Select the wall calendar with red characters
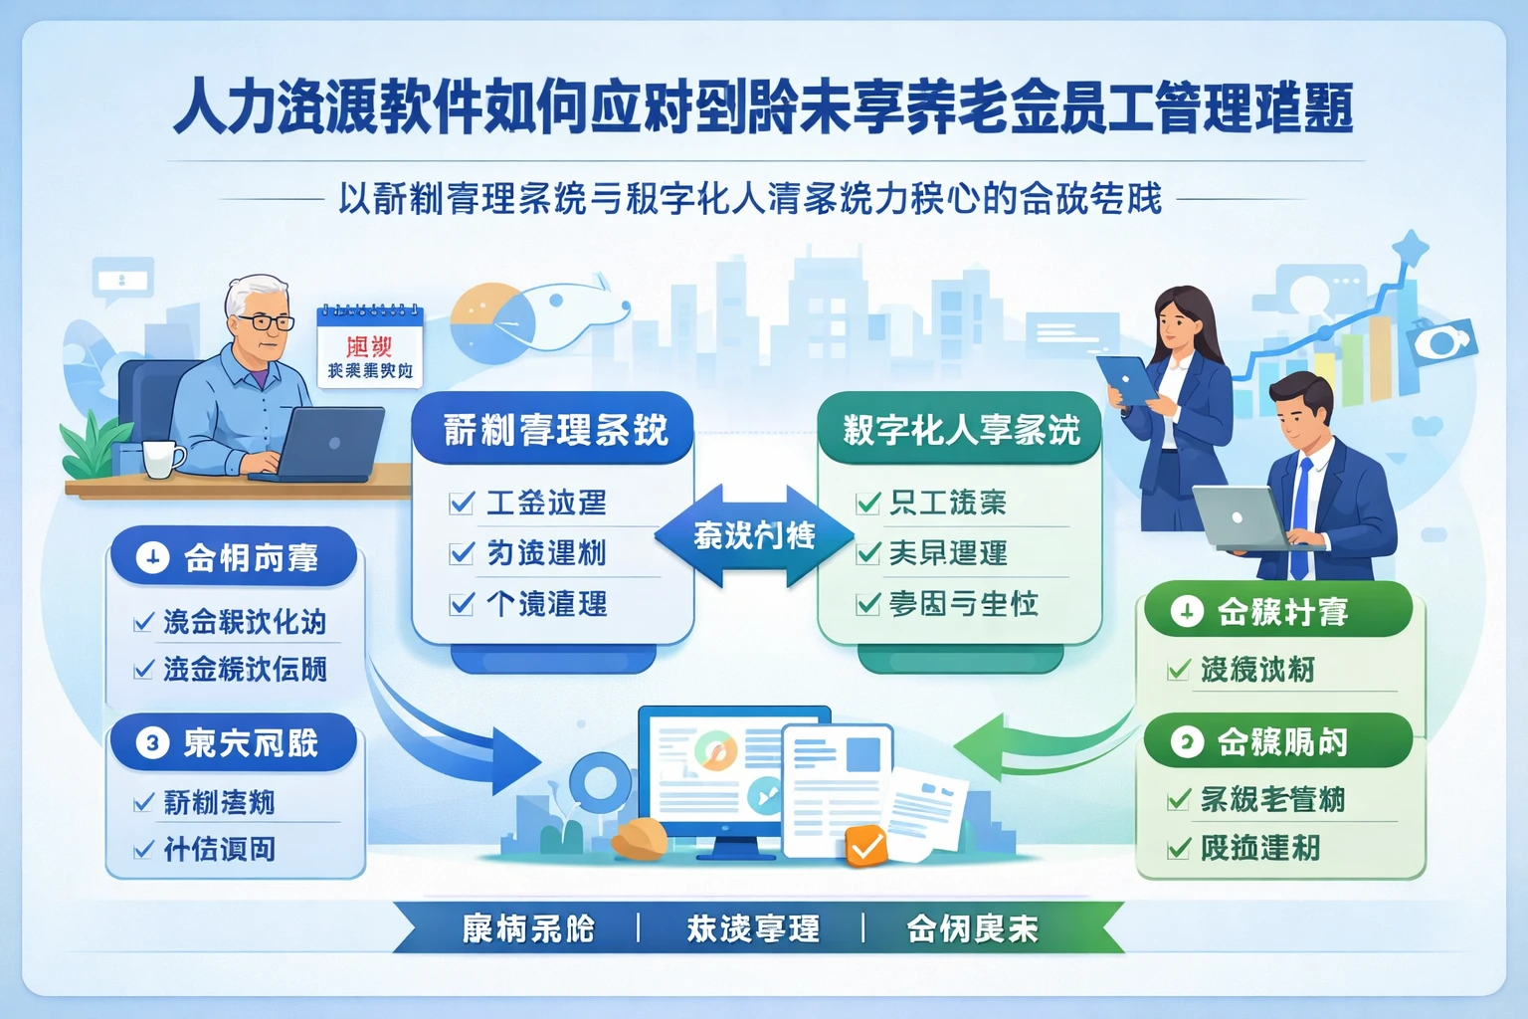(x=370, y=346)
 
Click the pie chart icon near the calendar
(x=491, y=321)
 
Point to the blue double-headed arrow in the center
(x=754, y=536)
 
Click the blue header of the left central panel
(x=553, y=430)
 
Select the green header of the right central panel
(x=960, y=430)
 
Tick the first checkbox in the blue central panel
(x=462, y=503)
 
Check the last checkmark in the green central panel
(x=868, y=604)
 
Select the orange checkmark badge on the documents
(x=865, y=847)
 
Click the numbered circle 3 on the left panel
(x=152, y=742)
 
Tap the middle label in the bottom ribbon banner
(x=753, y=928)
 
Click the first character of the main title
(x=198, y=106)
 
